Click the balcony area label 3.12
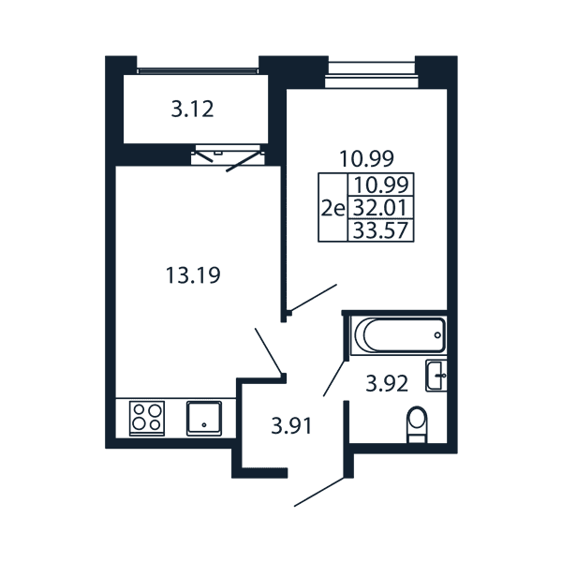(x=192, y=109)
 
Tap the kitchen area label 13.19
(x=193, y=275)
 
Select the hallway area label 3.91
(x=291, y=426)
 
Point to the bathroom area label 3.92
(x=387, y=383)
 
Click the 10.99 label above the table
(x=366, y=159)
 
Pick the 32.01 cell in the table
(x=380, y=208)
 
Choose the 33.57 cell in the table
(x=380, y=230)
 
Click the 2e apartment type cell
(x=333, y=208)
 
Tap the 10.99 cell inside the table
(x=380, y=185)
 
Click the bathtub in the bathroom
(x=399, y=335)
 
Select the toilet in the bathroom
(x=418, y=424)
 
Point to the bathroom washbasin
(x=436, y=376)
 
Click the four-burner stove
(x=147, y=418)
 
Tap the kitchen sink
(x=204, y=419)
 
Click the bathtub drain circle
(x=437, y=335)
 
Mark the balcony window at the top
(x=198, y=70)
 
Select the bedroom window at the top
(x=372, y=75)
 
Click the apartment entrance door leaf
(x=319, y=492)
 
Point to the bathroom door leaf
(x=334, y=378)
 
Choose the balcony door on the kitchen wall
(x=228, y=157)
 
